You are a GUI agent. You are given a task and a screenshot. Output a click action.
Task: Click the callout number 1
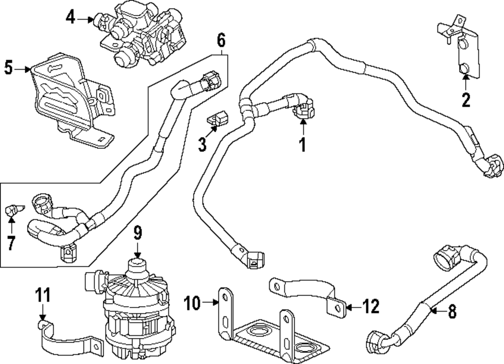tap(302, 145)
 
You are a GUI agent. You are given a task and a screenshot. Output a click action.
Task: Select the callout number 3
tap(202, 145)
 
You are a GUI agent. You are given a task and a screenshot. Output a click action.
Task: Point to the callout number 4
tap(71, 19)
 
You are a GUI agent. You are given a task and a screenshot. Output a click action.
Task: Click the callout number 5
tap(9, 68)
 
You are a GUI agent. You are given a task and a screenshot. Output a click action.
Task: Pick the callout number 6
tap(221, 39)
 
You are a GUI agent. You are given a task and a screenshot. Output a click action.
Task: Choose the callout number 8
tap(452, 311)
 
